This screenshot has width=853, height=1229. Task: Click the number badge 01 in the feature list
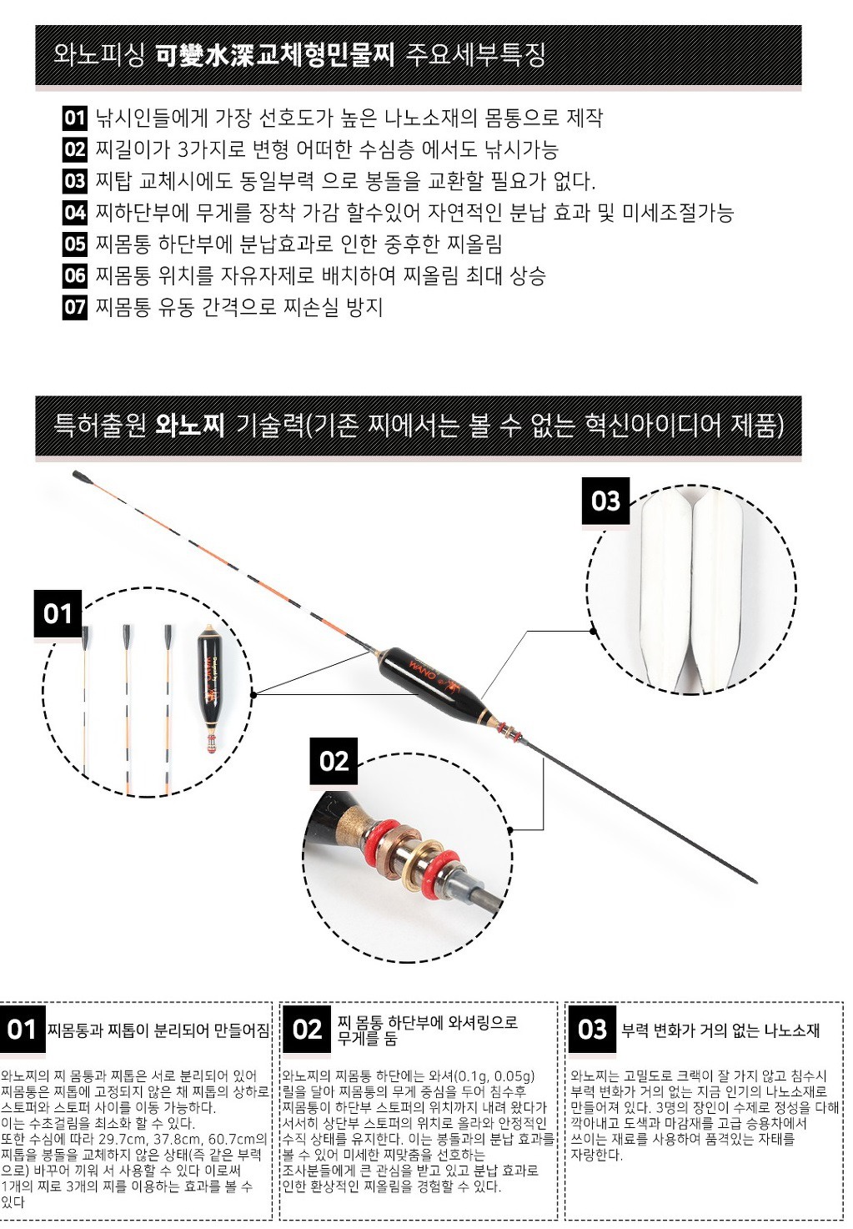pyautogui.click(x=75, y=118)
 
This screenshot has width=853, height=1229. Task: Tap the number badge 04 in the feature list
pyautogui.click(x=75, y=213)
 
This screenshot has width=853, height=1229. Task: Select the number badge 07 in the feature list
pyautogui.click(x=75, y=307)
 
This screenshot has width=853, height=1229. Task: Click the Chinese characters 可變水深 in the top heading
pyautogui.click(x=205, y=55)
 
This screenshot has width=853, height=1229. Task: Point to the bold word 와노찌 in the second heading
pyautogui.click(x=190, y=426)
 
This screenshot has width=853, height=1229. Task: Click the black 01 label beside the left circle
pyautogui.click(x=58, y=614)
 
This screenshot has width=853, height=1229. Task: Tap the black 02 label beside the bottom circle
pyautogui.click(x=334, y=761)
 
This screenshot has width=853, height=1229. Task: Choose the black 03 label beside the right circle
pyautogui.click(x=605, y=501)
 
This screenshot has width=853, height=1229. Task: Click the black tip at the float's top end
pyautogui.click(x=82, y=477)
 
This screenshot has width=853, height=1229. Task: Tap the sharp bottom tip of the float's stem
pyautogui.click(x=755, y=880)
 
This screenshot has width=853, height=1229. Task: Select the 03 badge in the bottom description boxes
pyautogui.click(x=592, y=1030)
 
